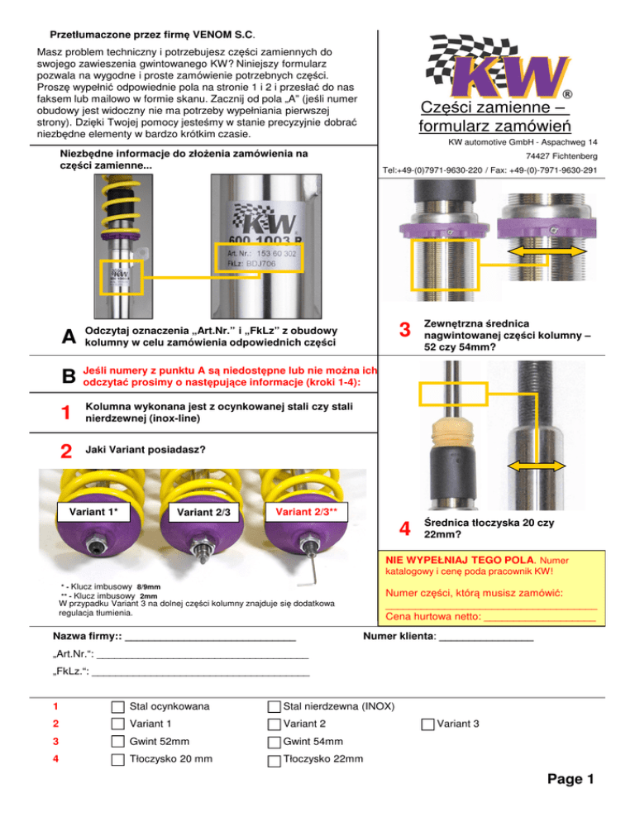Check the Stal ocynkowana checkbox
tap(117, 707)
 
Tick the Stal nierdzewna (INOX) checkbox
tap(274, 707)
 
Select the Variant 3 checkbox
tap(427, 724)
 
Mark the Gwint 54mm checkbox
tap(274, 743)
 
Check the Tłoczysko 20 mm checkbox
tap(117, 760)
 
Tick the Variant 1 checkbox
tap(117, 724)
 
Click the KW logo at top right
tap(498, 67)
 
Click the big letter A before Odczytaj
tap(69, 337)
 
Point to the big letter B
tap(69, 376)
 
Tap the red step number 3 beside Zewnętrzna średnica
tap(405, 330)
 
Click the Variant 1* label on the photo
tap(94, 512)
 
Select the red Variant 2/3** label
tap(306, 512)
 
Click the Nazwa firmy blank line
tap(210, 640)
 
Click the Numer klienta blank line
tap(486, 640)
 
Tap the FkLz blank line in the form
tap(200, 675)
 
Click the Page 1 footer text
tap(571, 779)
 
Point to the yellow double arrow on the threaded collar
tap(547, 252)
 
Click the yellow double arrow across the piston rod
tap(536, 466)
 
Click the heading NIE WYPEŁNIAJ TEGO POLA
tap(460, 560)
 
